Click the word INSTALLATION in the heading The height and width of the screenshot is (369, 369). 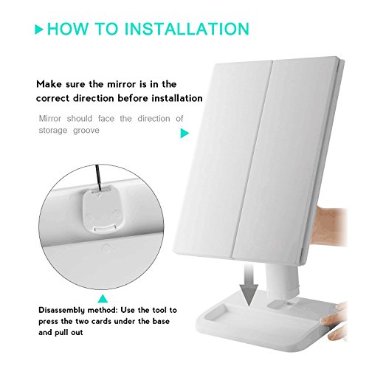pyautogui.click(x=187, y=29)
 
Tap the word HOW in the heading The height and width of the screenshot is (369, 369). pyautogui.click(x=68, y=29)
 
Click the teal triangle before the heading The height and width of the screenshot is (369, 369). pyautogui.click(x=39, y=29)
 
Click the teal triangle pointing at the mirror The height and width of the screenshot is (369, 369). pyautogui.click(x=184, y=133)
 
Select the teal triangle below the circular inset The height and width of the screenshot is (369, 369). pyautogui.click(x=103, y=299)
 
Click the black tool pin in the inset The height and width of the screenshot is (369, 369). pyautogui.click(x=98, y=177)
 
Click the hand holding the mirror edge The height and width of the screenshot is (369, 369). pyautogui.click(x=330, y=227)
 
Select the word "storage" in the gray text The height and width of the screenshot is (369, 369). pyautogui.click(x=53, y=130)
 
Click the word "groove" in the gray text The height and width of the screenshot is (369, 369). pyautogui.click(x=86, y=131)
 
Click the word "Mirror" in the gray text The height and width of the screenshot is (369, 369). pyautogui.click(x=50, y=119)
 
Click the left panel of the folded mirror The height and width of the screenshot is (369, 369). pyautogui.click(x=223, y=160)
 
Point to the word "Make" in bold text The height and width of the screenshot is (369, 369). pyautogui.click(x=49, y=84)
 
